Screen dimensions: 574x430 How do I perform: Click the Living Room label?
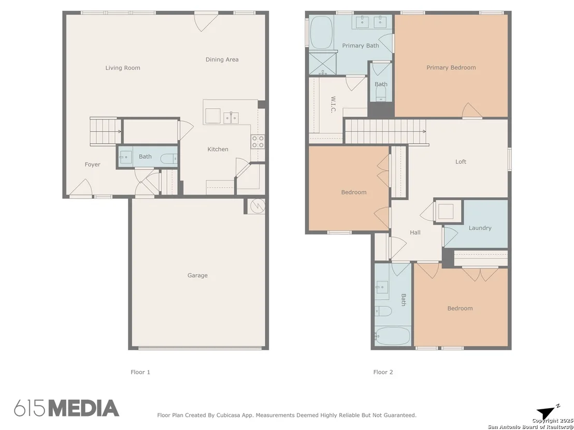pos(123,68)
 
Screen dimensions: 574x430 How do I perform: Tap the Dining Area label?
pos(222,60)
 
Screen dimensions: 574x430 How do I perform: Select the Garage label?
pos(198,275)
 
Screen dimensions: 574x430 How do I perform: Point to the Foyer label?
pos(92,165)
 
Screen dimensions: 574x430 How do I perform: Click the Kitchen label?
pos(218,149)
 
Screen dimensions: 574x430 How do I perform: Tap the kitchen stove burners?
pos(257,141)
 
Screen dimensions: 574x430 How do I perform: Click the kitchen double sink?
pos(231,117)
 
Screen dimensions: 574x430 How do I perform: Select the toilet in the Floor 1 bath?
pos(169,158)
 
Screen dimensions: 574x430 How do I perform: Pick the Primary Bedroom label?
pos(451,68)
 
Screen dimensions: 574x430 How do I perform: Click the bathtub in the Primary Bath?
pos(321,32)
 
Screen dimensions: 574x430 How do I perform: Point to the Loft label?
pos(461,161)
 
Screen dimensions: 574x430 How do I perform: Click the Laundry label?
pos(480,228)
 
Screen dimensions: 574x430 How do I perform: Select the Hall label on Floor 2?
pos(415,232)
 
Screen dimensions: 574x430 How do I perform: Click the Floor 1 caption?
pos(140,372)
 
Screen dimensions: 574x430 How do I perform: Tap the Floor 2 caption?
pos(383,372)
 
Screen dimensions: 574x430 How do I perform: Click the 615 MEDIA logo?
pos(67,408)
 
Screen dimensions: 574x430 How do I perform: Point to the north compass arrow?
pos(548,412)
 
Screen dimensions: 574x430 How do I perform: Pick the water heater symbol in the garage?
pos(257,206)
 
